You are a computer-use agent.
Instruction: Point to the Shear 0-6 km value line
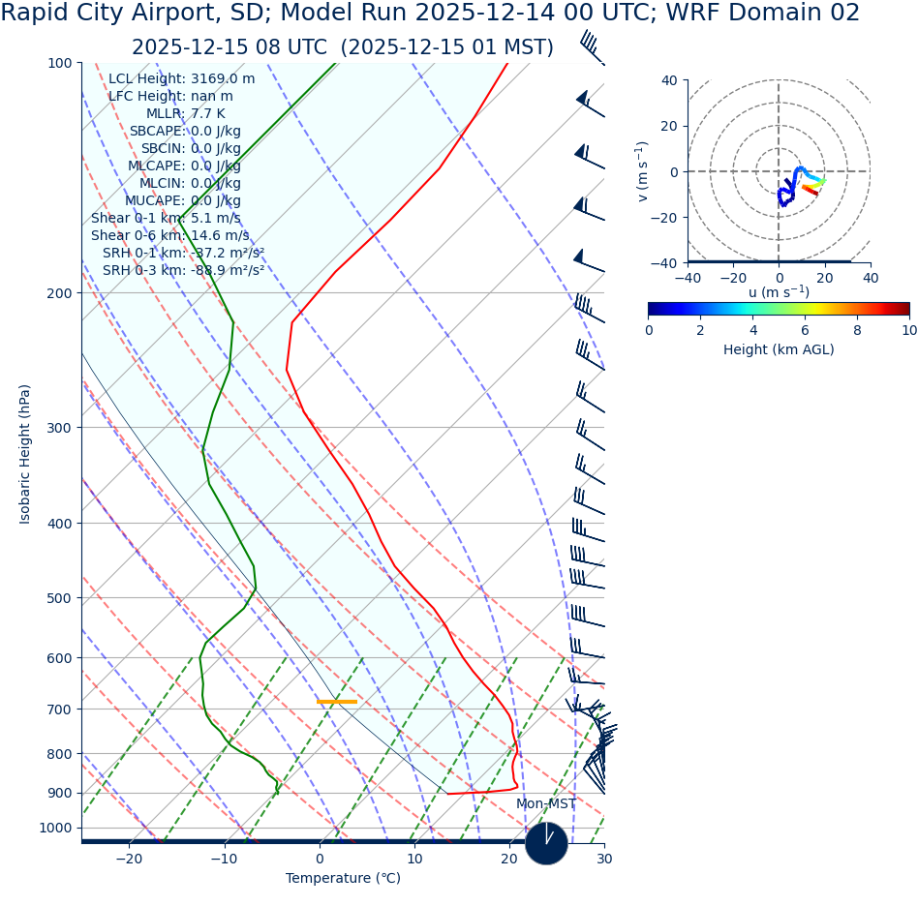169,236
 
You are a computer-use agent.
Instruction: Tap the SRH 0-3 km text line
183,271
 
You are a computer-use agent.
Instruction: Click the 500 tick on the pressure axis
59,598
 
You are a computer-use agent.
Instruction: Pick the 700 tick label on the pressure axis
59,710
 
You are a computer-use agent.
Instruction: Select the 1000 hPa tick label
55,829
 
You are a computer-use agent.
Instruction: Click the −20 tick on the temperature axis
129,860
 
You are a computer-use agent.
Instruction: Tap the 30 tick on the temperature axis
604,860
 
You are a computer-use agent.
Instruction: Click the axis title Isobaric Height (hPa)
25,454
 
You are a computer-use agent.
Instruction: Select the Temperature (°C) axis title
343,879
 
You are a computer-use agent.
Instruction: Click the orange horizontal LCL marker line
337,701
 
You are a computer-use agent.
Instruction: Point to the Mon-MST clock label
545,804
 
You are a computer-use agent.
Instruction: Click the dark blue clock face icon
546,843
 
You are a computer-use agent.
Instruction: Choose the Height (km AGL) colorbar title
779,349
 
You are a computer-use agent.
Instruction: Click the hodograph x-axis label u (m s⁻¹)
779,292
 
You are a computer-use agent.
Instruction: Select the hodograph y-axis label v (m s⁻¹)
642,171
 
